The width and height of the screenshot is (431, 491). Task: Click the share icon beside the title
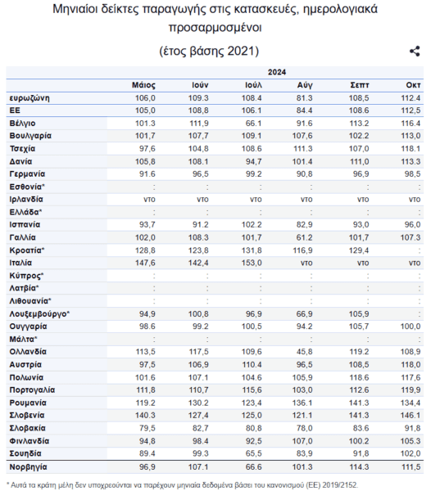click(x=415, y=51)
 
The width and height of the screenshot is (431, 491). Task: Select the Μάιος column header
click(x=143, y=85)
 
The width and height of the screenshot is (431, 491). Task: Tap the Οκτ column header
click(x=413, y=85)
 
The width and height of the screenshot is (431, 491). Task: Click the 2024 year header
click(x=277, y=72)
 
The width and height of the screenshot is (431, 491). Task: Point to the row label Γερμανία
click(x=27, y=174)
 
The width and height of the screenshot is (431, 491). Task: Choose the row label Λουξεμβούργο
click(x=39, y=313)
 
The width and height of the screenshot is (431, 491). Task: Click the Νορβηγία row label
click(x=28, y=467)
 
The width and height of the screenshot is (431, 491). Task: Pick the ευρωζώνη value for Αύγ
click(x=304, y=98)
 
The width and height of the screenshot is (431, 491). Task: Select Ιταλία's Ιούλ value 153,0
click(x=252, y=263)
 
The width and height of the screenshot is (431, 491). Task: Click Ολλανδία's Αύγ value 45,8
click(x=304, y=352)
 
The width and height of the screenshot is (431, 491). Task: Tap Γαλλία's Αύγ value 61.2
click(x=304, y=237)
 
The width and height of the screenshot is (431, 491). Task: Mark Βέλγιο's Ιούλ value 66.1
click(x=253, y=124)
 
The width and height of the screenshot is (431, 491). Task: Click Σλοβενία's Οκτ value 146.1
click(x=411, y=415)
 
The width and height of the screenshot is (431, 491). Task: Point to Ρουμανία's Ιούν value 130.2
click(x=198, y=403)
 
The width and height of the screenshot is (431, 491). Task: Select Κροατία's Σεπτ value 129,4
click(x=359, y=250)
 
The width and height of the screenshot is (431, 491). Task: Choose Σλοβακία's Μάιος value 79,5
click(x=147, y=428)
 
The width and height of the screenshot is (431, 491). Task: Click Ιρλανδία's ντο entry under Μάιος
click(x=149, y=200)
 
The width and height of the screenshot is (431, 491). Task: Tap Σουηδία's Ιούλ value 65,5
click(x=253, y=453)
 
